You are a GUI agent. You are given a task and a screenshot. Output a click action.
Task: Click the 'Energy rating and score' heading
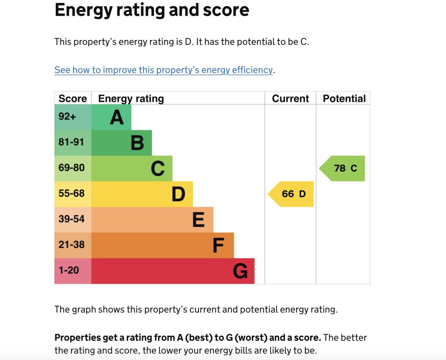tap(152, 10)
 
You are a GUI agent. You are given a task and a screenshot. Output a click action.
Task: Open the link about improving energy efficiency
tap(163, 70)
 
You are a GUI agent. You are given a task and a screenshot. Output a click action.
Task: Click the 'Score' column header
tap(73, 98)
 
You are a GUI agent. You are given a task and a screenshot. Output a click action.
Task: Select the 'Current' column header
tap(290, 98)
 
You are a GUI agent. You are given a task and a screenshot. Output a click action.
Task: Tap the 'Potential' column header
tap(344, 98)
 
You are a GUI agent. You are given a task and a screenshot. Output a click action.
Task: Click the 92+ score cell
tap(68, 117)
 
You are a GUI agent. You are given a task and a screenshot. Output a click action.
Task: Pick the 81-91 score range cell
tap(71, 142)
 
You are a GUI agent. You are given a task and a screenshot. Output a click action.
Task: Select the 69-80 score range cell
tap(71, 168)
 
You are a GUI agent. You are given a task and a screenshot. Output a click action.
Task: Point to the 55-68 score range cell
tap(71, 193)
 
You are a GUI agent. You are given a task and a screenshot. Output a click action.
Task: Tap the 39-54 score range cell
tap(71, 219)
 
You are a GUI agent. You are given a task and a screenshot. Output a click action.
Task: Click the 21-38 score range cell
tap(71, 245)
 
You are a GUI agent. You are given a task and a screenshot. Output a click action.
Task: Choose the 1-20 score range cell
tap(69, 270)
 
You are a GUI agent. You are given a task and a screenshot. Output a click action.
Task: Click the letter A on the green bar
tap(117, 117)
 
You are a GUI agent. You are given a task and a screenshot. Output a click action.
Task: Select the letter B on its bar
tap(137, 143)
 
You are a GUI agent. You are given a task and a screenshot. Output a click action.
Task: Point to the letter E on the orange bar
tap(199, 220)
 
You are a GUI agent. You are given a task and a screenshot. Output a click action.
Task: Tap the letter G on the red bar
tap(240, 271)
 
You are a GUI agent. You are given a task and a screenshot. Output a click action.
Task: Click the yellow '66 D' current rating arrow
tap(291, 194)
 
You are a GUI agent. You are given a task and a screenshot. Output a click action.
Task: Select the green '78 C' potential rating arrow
tap(343, 168)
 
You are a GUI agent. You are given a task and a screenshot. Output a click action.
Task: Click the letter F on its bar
tap(218, 246)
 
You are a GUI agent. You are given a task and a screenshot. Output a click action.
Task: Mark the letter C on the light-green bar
tap(158, 168)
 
